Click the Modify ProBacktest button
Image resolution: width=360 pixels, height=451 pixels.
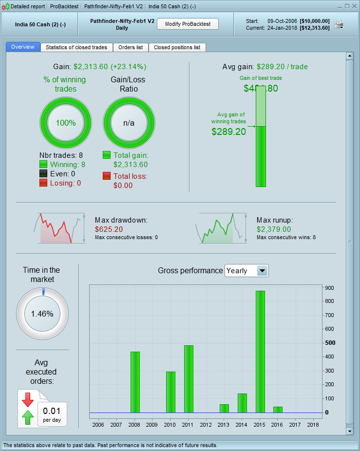pyautogui.click(x=188, y=24)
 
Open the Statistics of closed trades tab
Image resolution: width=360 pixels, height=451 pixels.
pyautogui.click(x=76, y=47)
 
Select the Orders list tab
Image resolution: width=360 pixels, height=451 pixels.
pyautogui.click(x=131, y=47)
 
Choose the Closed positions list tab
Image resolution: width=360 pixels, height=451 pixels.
pyautogui.click(x=177, y=47)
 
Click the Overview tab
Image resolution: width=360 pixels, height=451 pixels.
pyautogui.click(x=23, y=47)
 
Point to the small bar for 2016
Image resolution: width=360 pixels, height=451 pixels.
pyautogui.click(x=278, y=410)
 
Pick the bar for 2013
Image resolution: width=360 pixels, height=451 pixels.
pyautogui.click(x=224, y=408)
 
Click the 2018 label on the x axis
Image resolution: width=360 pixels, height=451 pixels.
pyautogui.click(x=313, y=425)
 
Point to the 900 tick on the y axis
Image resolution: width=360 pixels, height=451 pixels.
pyautogui.click(x=329, y=288)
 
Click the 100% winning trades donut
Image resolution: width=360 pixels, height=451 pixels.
pyautogui.click(x=66, y=123)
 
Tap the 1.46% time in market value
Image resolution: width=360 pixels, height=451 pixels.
pyautogui.click(x=42, y=314)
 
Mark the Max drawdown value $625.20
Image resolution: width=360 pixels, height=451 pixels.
pyautogui.click(x=109, y=229)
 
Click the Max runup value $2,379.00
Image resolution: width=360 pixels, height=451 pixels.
pyautogui.click(x=274, y=229)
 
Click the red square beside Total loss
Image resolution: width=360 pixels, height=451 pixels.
pyautogui.click(x=107, y=176)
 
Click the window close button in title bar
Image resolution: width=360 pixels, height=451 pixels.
pyautogui.click(x=354, y=6)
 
